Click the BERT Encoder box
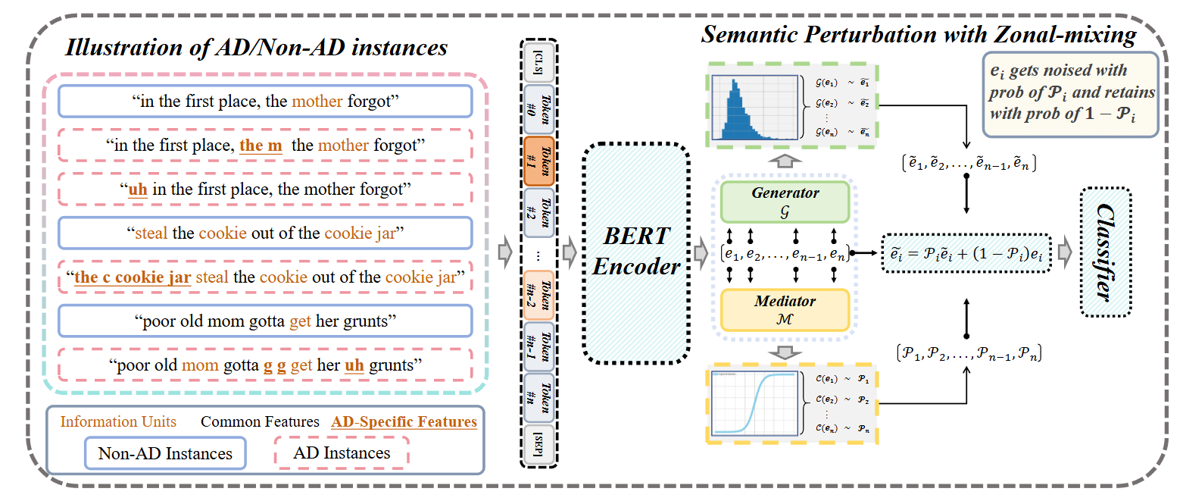coord(636,252)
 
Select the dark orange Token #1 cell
coord(538,161)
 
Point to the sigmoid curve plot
coord(752,402)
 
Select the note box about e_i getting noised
coord(1071,95)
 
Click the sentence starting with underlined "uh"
coord(264,189)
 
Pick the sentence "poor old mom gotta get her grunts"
coord(264,321)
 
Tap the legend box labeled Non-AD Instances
coord(164,454)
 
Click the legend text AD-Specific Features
coord(404,421)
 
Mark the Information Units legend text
coord(118,421)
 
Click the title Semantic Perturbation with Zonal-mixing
coord(918,34)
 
